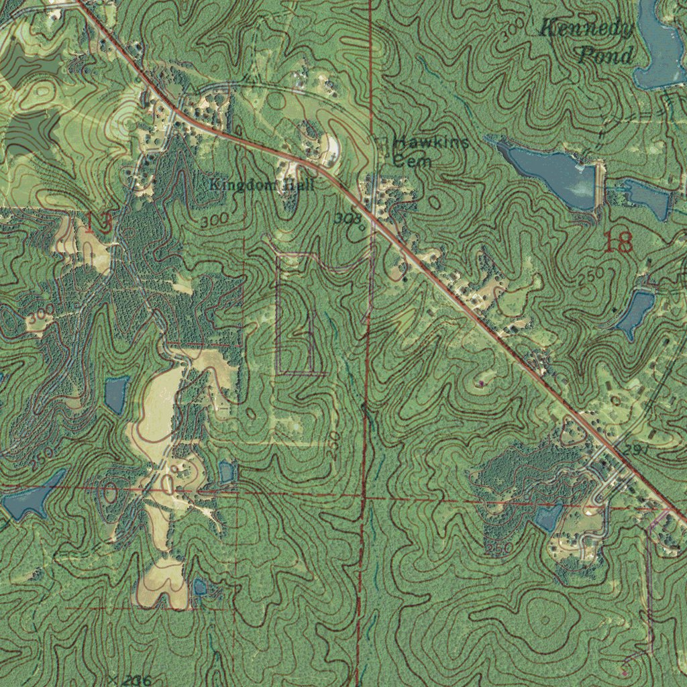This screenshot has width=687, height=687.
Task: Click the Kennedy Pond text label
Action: (586, 42)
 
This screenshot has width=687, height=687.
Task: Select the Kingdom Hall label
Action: (261, 184)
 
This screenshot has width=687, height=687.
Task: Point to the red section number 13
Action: (98, 223)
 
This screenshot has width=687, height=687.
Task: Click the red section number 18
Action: (618, 243)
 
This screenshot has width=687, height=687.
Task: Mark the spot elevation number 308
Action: (347, 218)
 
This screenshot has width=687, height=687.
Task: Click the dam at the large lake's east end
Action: (598, 184)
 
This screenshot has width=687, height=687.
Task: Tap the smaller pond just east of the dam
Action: (644, 197)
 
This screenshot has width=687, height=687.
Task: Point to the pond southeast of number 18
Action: (635, 312)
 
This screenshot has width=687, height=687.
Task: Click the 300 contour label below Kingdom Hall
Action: (213, 219)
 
